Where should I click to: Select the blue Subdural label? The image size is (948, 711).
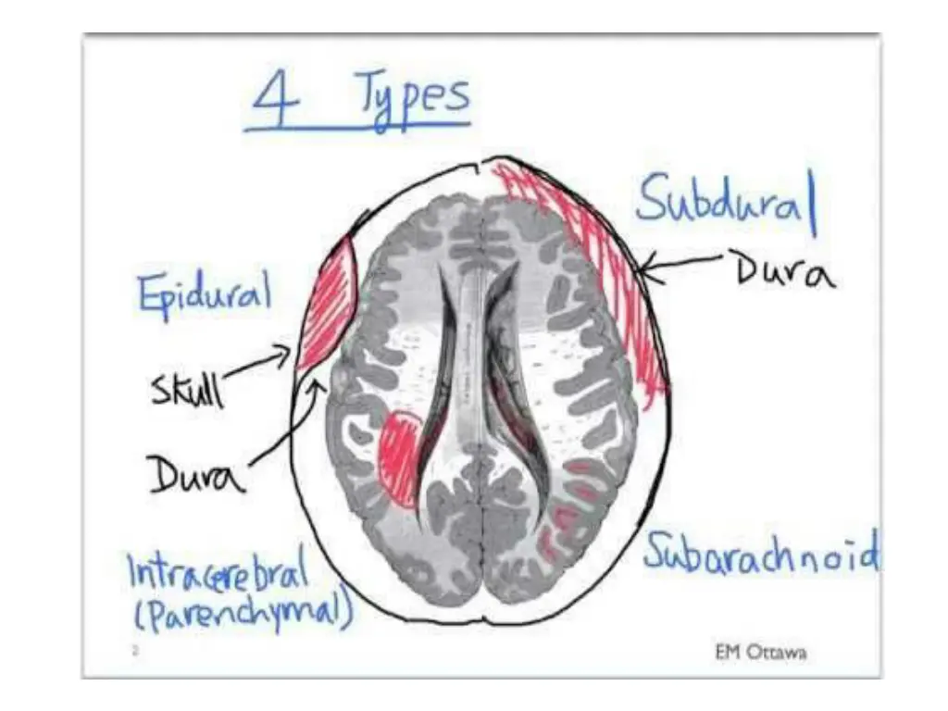725,203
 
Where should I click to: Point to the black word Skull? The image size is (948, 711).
187,389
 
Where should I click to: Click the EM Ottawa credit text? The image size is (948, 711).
760,652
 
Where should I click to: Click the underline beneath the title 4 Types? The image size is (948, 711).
356,128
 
